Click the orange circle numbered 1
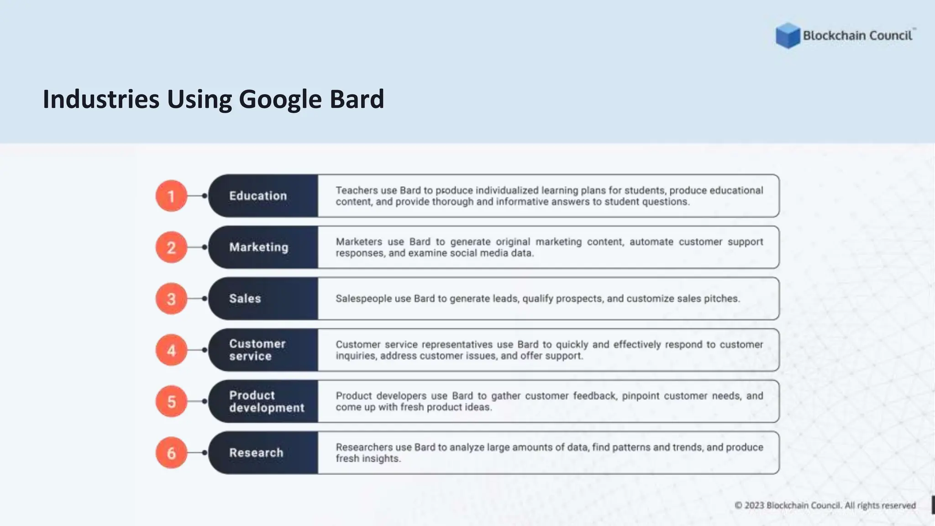171,196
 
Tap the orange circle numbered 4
171,350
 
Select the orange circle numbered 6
171,453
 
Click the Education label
258,196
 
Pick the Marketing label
258,247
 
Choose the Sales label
245,299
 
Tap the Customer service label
257,350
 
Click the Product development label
266,401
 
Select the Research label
256,453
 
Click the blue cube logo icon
788,36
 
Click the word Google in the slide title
280,100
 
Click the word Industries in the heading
101,99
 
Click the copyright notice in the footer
825,505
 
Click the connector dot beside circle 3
205,299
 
